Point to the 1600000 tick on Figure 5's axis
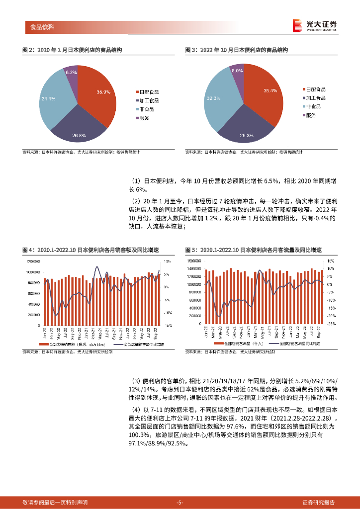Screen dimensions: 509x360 point(195,261)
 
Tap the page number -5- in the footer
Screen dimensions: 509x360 point(180,503)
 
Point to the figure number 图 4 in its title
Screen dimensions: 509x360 point(28,249)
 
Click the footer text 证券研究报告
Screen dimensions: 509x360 point(318,503)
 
